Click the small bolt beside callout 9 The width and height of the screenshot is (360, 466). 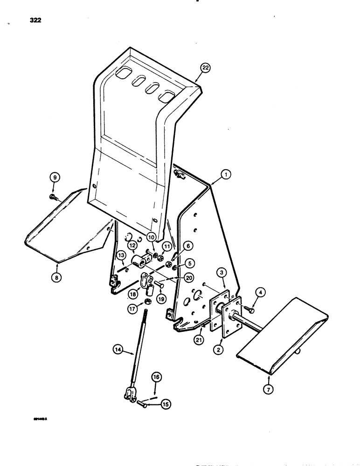[52, 197]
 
